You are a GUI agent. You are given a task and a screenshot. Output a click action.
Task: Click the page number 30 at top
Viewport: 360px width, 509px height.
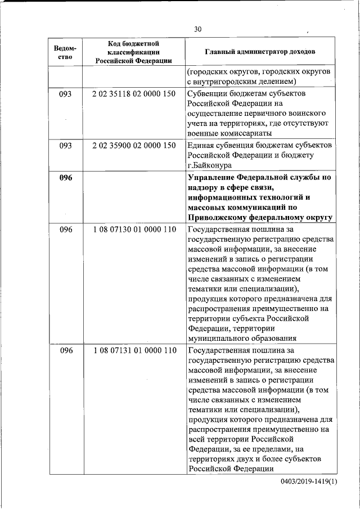[x=197, y=29]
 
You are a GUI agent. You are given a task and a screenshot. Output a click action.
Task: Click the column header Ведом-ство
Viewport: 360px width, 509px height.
[x=65, y=52]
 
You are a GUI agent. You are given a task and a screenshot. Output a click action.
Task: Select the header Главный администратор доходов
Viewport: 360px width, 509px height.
[x=259, y=52]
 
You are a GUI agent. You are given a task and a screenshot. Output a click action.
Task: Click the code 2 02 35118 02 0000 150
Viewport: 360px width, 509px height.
[x=134, y=94]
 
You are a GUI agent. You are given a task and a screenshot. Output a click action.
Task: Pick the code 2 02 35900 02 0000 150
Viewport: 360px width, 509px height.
[x=134, y=146]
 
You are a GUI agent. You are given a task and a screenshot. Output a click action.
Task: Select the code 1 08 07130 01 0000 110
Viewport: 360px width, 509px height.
[x=134, y=229]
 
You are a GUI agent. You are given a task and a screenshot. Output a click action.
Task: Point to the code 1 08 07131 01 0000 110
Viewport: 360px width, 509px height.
[x=134, y=350]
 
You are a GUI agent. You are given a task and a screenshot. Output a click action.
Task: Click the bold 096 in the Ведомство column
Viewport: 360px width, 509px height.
[x=66, y=178]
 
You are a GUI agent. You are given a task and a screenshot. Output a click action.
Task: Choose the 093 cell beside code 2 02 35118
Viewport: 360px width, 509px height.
[x=66, y=94]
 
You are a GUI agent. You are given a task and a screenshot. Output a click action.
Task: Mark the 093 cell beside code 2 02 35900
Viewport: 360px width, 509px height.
[x=66, y=146]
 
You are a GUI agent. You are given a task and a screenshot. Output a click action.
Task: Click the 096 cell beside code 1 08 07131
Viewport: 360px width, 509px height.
[x=66, y=350]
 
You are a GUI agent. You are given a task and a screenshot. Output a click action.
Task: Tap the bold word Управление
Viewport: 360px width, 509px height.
[x=213, y=178]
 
